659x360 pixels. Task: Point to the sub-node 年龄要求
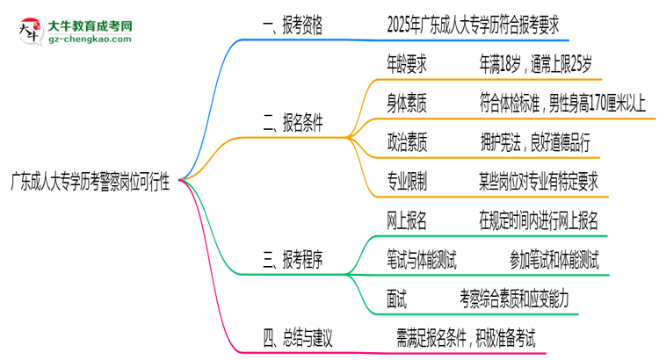point(407,64)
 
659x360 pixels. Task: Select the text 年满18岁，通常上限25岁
point(535,64)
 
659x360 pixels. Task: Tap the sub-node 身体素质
point(407,104)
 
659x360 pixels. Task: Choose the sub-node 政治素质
point(407,142)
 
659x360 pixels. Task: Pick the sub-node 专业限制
point(407,182)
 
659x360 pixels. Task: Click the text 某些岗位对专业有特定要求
point(538,182)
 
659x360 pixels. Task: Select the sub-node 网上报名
point(407,220)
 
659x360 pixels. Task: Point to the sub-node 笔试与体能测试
point(421,260)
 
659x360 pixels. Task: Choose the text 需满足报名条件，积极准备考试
point(466,335)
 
